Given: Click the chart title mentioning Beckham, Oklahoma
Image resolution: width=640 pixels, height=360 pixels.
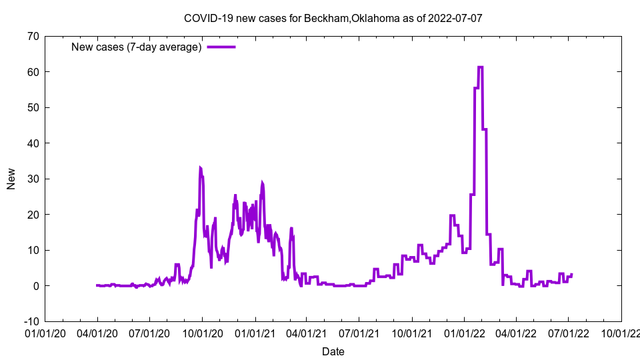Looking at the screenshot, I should pos(333,18).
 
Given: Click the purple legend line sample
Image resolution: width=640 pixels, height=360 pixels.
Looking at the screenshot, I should pos(221,47).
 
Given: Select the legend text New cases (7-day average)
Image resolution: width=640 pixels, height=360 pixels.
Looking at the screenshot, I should pos(137,47).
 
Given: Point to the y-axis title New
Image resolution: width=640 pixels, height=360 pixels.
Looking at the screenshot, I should pos(11,179).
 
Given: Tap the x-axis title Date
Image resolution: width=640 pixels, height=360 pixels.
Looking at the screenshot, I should pos(333,351).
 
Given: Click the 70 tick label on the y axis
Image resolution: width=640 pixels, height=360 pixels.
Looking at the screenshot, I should pos(33,36).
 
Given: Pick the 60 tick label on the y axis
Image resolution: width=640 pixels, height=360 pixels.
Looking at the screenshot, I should pos(33,72).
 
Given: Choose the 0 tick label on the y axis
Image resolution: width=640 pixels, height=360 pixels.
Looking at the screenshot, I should pos(35,286).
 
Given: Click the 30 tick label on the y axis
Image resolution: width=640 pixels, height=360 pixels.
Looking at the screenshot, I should pos(33,179).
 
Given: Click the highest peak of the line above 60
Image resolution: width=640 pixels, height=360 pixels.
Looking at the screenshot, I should pos(480,67).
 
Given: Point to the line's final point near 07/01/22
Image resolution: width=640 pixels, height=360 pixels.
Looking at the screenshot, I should pos(571,274).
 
